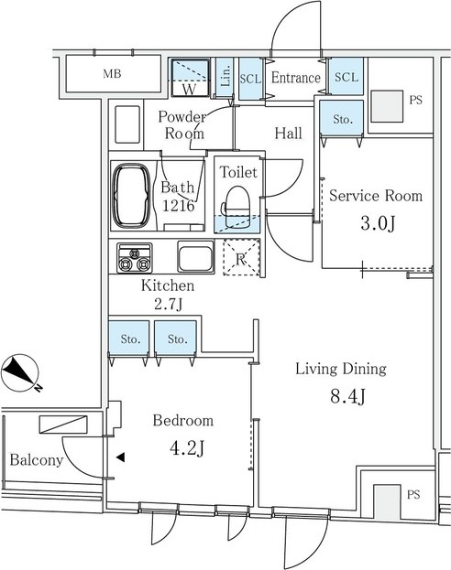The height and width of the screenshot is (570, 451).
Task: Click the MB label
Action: [x=112, y=74]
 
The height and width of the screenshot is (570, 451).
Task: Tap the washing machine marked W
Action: [x=190, y=78]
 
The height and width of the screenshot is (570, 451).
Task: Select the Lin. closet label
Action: [x=225, y=76]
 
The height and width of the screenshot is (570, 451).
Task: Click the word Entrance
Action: [x=296, y=78]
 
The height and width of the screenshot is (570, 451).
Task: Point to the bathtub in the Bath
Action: [x=131, y=196]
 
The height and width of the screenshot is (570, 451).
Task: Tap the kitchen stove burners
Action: [x=135, y=258]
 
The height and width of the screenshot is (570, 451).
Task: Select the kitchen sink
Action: [x=195, y=256]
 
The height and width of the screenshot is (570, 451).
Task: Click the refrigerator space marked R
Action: [x=241, y=257]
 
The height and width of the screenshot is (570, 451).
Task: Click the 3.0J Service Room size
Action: [x=378, y=223]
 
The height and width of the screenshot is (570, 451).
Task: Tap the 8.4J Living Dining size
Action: [x=348, y=396]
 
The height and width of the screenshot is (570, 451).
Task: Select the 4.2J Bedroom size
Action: [x=186, y=448]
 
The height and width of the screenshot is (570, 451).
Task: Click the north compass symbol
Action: [x=20, y=373]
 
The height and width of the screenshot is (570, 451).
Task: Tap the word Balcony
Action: [x=37, y=460]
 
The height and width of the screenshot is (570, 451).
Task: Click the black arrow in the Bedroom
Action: [x=121, y=457]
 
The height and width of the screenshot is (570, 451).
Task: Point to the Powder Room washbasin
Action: [x=127, y=124]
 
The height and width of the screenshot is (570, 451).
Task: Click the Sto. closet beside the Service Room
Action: [x=342, y=119]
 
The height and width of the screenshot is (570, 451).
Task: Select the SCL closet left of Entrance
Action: [x=250, y=79]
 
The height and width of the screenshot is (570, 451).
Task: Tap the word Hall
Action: [x=288, y=133]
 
